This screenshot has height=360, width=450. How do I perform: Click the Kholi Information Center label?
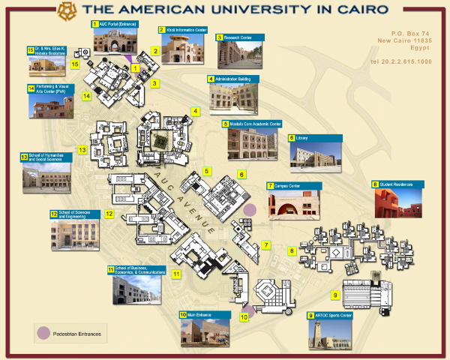[x=182, y=30]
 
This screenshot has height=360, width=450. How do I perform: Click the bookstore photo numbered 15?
[x=46, y=66]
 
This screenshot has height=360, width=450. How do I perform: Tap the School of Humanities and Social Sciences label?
[x=46, y=158]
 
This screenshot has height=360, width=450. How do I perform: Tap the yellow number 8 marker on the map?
[x=291, y=250]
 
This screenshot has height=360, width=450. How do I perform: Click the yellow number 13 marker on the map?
[x=82, y=150]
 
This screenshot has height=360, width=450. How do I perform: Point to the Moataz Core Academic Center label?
[x=252, y=124]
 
